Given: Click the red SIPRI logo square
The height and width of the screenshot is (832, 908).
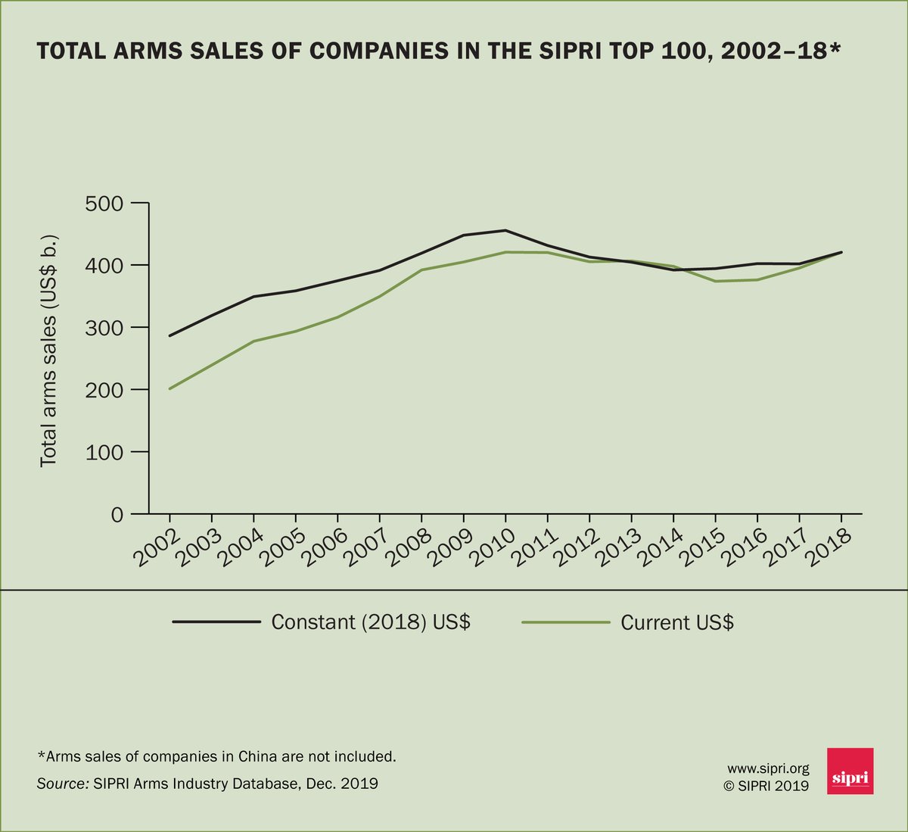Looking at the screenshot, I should pyautogui.click(x=850, y=771).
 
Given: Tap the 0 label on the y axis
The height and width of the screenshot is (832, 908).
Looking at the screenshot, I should pyautogui.click(x=116, y=515).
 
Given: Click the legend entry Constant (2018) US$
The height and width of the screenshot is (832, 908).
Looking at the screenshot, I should pyautogui.click(x=371, y=622).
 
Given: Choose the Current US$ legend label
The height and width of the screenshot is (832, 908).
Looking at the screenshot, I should pyautogui.click(x=676, y=622).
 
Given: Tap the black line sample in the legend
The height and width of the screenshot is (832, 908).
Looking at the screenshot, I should pyautogui.click(x=216, y=622).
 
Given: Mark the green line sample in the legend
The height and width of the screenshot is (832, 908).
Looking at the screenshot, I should pyautogui.click(x=566, y=622).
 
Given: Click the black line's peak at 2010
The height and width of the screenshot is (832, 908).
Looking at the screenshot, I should pyautogui.click(x=505, y=230).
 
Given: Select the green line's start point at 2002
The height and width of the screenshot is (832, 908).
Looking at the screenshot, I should pyautogui.click(x=169, y=388).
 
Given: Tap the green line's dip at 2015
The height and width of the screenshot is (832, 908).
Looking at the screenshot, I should pyautogui.click(x=716, y=281).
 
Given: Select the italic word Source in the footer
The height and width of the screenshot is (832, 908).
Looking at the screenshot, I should pyautogui.click(x=62, y=784).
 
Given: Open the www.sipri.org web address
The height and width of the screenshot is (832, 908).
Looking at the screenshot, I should pyautogui.click(x=768, y=768).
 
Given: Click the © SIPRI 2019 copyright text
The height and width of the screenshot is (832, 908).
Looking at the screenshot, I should pyautogui.click(x=767, y=786).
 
